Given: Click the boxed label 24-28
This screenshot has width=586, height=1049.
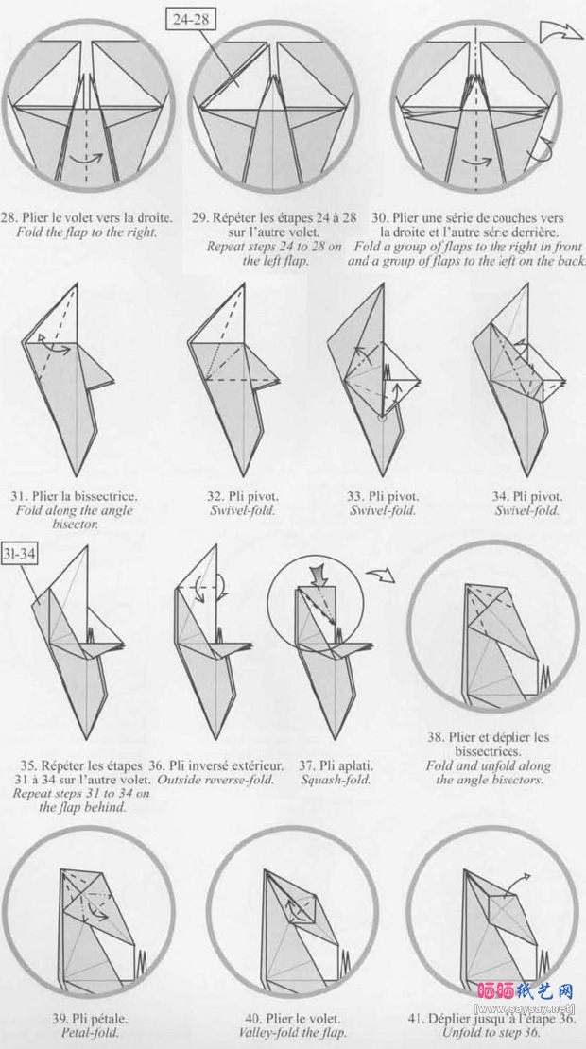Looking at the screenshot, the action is pyautogui.click(x=191, y=19).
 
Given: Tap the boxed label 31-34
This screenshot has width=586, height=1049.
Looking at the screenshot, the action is pyautogui.click(x=19, y=553).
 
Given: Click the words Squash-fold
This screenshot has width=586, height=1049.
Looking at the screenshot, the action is pyautogui.click(x=336, y=780).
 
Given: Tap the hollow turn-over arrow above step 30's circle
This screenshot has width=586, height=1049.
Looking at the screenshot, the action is pyautogui.click(x=560, y=31).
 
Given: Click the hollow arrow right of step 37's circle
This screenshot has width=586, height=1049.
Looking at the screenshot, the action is pyautogui.click(x=380, y=574).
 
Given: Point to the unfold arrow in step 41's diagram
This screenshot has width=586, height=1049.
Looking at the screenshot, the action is pyautogui.click(x=516, y=883).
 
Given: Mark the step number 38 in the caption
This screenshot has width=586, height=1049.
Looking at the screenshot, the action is pyautogui.click(x=434, y=738).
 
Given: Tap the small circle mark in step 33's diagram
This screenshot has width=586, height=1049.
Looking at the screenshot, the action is pyautogui.click(x=381, y=418).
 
